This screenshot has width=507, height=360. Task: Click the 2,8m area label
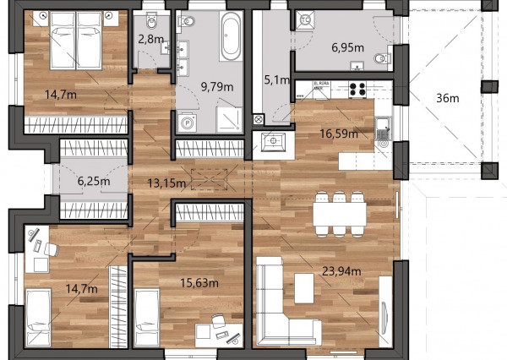point(150,39)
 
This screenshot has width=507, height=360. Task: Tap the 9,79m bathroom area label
point(217,87)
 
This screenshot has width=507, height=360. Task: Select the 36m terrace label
point(448,98)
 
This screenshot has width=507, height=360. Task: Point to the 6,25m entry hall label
point(94,181)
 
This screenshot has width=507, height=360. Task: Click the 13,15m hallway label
point(166,183)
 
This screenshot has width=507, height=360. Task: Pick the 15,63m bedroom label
point(199,283)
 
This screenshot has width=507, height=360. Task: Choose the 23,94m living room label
point(341,271)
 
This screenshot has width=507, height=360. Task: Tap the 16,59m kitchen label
point(339,134)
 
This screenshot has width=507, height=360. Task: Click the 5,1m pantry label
point(277,79)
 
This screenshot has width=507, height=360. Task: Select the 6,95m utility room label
point(347,47)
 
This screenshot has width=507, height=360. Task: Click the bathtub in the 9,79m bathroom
point(231,35)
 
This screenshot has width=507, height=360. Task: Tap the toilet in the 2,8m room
point(151,20)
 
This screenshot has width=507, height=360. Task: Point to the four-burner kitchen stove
point(357,90)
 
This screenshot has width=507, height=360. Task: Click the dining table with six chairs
point(340,214)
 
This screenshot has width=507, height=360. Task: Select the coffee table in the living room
point(304,288)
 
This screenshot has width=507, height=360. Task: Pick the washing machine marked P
point(187,123)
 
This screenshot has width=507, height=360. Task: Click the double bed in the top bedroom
point(76,40)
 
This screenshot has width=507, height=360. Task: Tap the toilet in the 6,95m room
point(382,58)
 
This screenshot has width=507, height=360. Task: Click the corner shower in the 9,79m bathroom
point(229,120)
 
